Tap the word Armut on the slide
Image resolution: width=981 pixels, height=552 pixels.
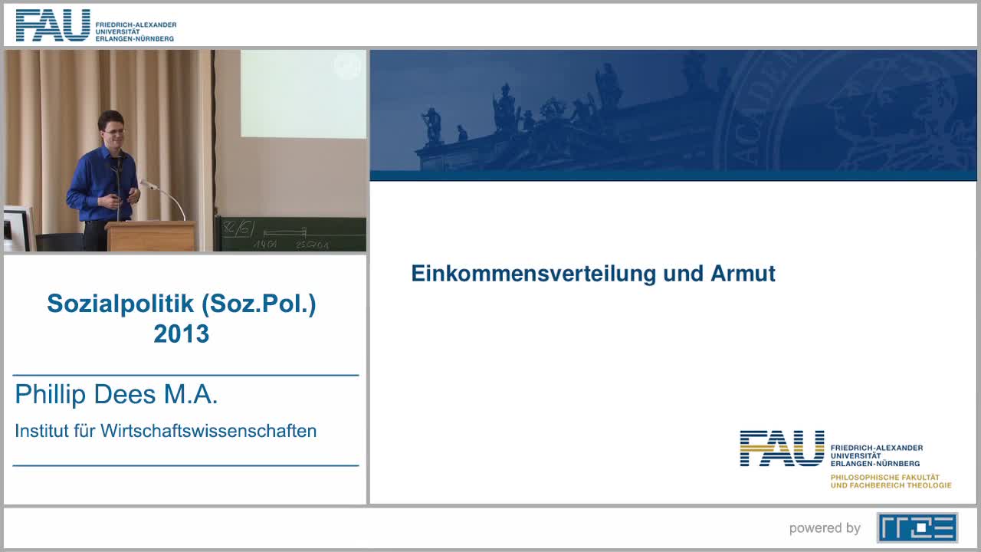tap(743, 274)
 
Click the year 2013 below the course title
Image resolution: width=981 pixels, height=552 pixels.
tap(181, 333)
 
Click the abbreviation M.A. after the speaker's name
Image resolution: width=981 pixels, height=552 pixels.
tap(191, 395)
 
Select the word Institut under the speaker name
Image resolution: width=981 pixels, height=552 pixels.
tap(43, 431)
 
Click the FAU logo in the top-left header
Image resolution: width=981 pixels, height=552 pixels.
tap(53, 25)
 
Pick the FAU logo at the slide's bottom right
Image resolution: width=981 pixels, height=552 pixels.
tap(782, 449)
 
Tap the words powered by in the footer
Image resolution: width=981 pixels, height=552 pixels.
tap(825, 528)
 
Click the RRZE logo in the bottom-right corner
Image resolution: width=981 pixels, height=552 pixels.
tap(917, 527)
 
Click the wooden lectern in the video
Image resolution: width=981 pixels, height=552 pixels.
tap(151, 236)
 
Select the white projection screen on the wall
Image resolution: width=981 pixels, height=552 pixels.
tap(303, 94)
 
